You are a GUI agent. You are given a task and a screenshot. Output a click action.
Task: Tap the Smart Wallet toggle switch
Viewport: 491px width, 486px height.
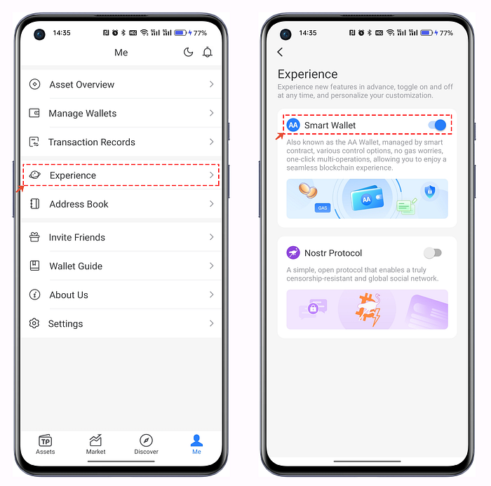pyautogui.click(x=437, y=126)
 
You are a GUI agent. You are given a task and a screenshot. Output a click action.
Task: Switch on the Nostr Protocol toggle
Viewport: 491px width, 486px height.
pyautogui.click(x=433, y=252)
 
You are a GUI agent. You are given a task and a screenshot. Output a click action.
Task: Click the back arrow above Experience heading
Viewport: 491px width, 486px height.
pyautogui.click(x=280, y=52)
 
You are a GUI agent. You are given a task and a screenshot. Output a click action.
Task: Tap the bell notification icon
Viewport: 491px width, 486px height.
pyautogui.click(x=208, y=52)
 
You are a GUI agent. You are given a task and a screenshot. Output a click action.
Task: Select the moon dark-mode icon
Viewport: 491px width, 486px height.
pyautogui.click(x=188, y=52)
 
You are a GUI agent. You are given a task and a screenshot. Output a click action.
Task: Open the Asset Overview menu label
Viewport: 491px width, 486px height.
pyautogui.click(x=82, y=85)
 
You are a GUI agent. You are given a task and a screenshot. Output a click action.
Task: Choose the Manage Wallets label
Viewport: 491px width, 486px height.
pyautogui.click(x=82, y=114)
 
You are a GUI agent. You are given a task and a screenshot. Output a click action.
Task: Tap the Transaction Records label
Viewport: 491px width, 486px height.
pyautogui.click(x=91, y=142)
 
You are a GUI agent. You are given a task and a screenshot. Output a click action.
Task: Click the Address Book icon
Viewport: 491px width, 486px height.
pyautogui.click(x=34, y=204)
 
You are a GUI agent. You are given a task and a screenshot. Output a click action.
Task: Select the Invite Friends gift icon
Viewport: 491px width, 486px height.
pyautogui.click(x=34, y=237)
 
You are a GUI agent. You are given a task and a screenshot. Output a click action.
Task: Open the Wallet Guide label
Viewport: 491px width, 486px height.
pyautogui.click(x=76, y=266)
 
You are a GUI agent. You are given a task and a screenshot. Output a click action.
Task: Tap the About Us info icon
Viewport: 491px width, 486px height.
pyautogui.click(x=34, y=295)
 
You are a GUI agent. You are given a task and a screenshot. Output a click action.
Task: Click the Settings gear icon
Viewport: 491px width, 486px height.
pyautogui.click(x=34, y=323)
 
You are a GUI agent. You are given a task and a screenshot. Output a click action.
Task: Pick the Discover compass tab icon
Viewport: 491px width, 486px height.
pyautogui.click(x=146, y=440)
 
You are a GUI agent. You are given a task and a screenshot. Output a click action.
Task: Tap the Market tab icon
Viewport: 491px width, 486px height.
pyautogui.click(x=95, y=440)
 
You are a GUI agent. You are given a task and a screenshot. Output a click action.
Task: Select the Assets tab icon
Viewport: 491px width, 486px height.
pyautogui.click(x=46, y=440)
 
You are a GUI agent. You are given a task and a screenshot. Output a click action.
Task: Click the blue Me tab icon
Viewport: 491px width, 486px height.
pyautogui.click(x=196, y=440)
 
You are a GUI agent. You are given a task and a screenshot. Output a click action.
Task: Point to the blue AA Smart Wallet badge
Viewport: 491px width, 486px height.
pyautogui.click(x=293, y=126)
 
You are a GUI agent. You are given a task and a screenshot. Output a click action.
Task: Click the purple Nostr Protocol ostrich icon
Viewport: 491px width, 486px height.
pyautogui.click(x=293, y=252)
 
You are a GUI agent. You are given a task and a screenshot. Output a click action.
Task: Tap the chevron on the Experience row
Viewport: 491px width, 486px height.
pyautogui.click(x=212, y=175)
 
